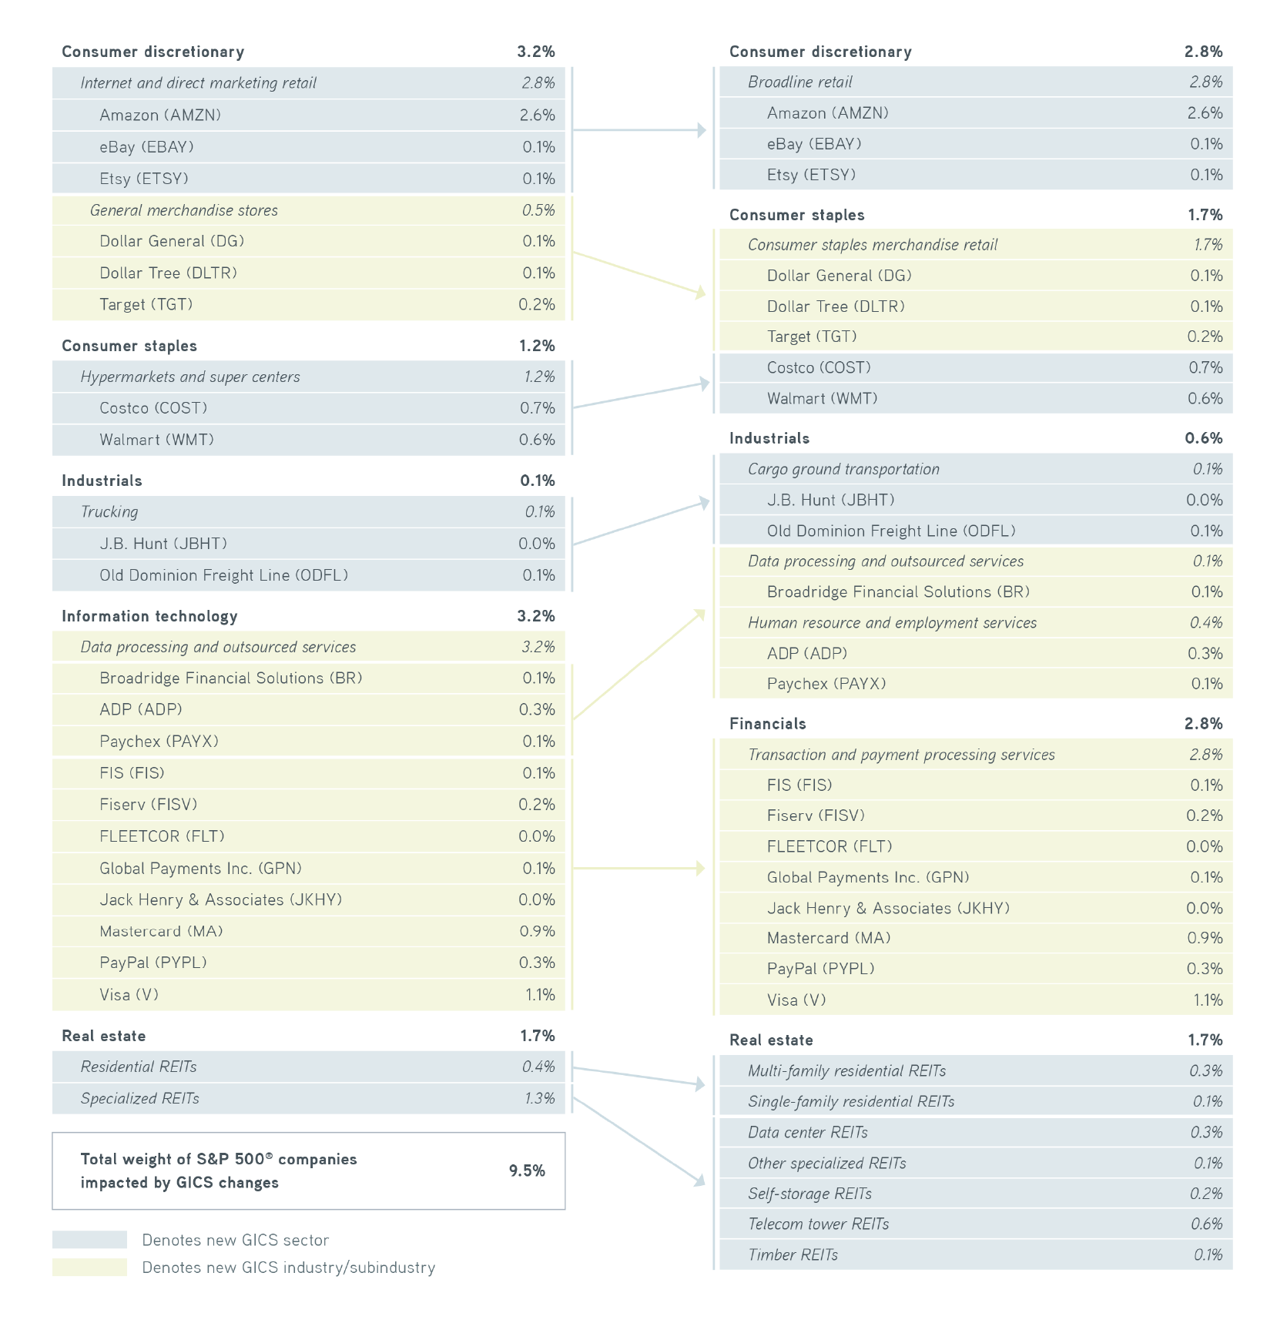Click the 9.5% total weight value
527,1171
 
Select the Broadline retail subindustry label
800,82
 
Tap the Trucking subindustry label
109,512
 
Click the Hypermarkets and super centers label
190,377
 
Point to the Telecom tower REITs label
818,1224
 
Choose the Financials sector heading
768,724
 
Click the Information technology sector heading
149,616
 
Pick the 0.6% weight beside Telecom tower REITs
1206,1224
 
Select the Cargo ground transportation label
843,469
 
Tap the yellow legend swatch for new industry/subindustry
89,1268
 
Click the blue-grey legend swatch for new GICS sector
89,1240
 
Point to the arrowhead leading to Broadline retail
701,130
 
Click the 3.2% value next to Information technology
536,616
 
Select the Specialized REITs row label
139,1099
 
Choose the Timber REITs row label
793,1255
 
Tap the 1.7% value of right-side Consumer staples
1205,215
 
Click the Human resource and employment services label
892,623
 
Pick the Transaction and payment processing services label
901,755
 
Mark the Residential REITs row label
139,1067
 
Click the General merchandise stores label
184,211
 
